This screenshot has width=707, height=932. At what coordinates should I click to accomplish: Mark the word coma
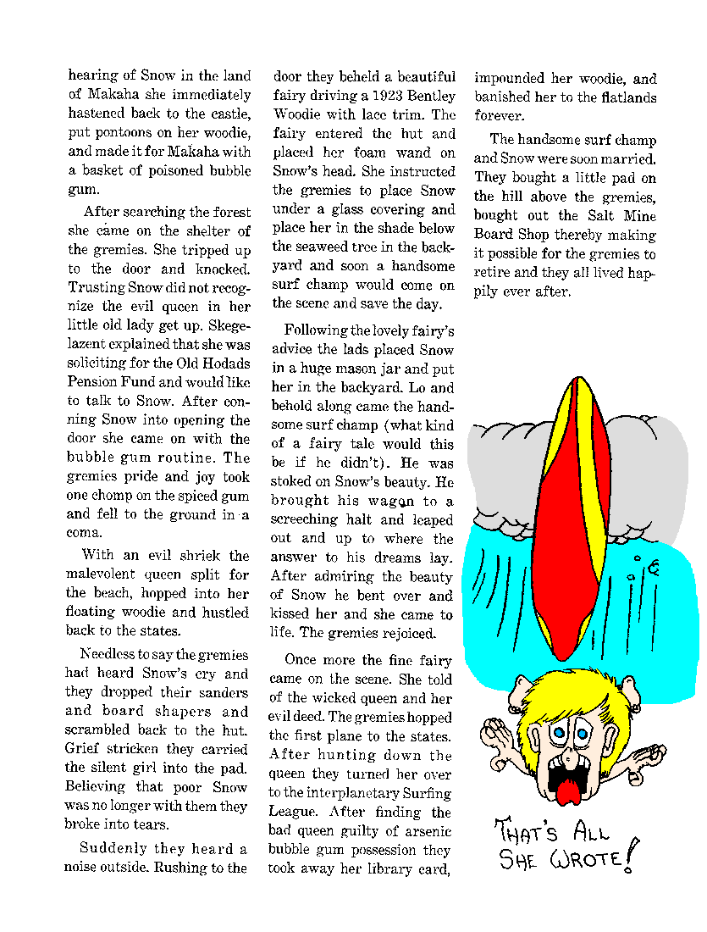(84, 533)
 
